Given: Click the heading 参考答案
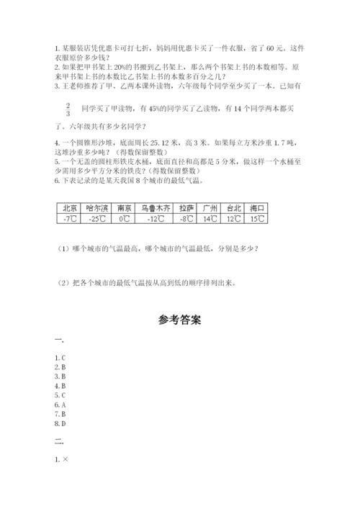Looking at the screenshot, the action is (180, 319).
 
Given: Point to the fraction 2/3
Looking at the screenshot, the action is (68, 108).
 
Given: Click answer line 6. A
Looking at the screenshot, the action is (60, 405).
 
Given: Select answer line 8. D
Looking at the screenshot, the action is (60, 424).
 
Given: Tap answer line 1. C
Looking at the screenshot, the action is (60, 357).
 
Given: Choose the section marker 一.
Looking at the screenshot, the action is (59, 339).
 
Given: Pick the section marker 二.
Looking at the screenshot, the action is (59, 441).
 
